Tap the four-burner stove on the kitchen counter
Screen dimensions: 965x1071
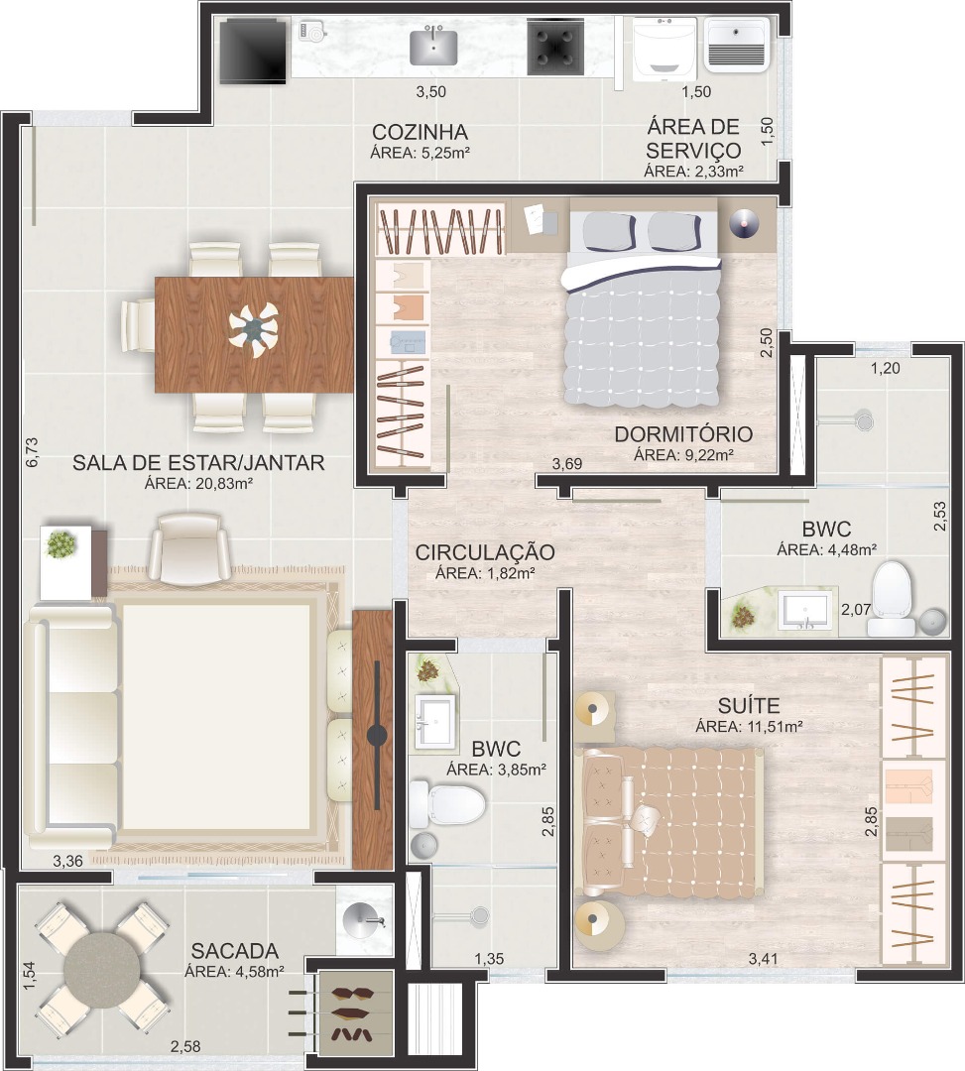click(x=556, y=47)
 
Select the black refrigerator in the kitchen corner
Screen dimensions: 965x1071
click(x=253, y=51)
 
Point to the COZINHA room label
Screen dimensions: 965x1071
click(x=420, y=132)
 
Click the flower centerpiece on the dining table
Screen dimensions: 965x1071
click(x=254, y=330)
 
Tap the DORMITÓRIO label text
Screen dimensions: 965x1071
click(x=683, y=433)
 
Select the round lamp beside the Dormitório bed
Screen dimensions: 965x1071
click(x=744, y=223)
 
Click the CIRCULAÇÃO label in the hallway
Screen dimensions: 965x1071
click(x=485, y=552)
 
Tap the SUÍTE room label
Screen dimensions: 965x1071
click(x=749, y=706)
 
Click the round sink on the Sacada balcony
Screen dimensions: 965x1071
click(x=365, y=919)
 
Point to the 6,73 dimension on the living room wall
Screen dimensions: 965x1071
click(x=32, y=452)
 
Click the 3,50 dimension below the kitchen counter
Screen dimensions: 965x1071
click(x=431, y=91)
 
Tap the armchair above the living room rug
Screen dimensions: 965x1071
click(x=189, y=548)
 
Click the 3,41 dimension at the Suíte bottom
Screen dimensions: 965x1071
click(x=763, y=959)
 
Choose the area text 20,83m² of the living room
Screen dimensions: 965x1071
click(x=218, y=484)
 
